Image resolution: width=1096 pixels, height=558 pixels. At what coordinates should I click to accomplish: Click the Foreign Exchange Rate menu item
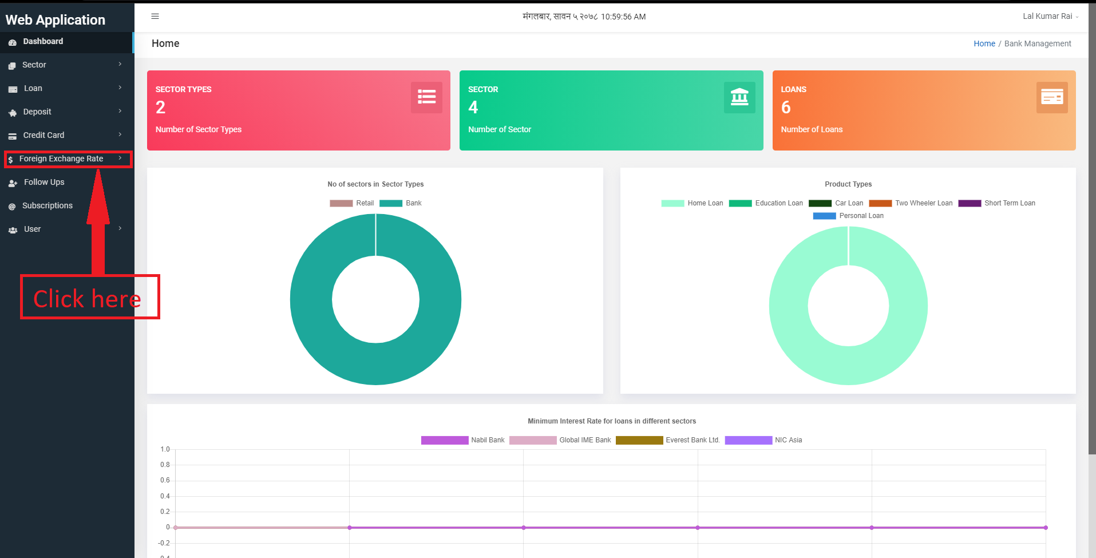(61, 159)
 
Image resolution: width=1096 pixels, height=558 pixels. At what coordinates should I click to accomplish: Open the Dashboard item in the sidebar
(43, 41)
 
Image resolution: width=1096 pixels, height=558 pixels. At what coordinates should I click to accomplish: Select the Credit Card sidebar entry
(43, 135)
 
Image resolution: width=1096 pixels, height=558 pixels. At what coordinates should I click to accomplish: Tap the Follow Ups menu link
(44, 182)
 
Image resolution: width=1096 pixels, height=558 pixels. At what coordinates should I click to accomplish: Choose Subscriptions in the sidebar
(47, 205)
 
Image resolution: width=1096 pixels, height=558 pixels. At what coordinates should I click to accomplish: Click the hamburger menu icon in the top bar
(155, 17)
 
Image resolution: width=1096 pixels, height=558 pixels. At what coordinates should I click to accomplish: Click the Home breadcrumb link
(984, 43)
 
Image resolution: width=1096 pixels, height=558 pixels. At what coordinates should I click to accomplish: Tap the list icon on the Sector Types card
(426, 97)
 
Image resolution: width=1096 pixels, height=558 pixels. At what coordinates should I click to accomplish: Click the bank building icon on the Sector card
(739, 97)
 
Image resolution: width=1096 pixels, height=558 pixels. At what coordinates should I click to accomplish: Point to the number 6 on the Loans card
(786, 107)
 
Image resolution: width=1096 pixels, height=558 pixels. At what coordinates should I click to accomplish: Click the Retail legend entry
(351, 203)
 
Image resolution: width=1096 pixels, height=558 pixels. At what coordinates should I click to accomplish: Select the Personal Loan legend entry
(848, 216)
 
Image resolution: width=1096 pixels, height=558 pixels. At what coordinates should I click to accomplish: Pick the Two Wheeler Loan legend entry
(911, 203)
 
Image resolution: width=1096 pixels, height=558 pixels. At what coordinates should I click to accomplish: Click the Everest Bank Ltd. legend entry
(668, 440)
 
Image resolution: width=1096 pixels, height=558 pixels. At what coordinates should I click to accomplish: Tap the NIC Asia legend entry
(763, 440)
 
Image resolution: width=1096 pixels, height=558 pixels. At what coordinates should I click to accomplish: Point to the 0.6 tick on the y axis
(165, 480)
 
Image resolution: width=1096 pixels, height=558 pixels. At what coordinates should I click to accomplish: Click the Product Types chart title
(848, 184)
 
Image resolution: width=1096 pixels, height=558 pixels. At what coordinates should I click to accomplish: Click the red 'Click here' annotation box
(90, 297)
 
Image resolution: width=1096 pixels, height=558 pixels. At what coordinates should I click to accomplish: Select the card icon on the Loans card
(1052, 97)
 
